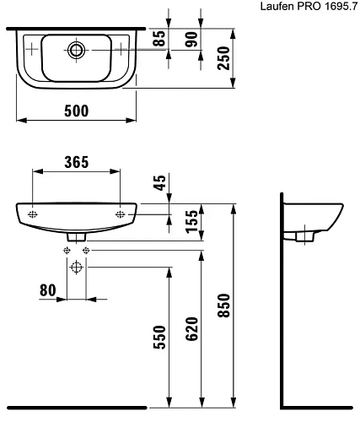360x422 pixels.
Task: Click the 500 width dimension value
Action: [77, 110]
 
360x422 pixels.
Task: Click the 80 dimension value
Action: [48, 289]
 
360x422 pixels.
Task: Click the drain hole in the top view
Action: [77, 49]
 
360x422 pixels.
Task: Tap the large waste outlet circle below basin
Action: [77, 268]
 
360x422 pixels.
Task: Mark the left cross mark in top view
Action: [33, 49]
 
